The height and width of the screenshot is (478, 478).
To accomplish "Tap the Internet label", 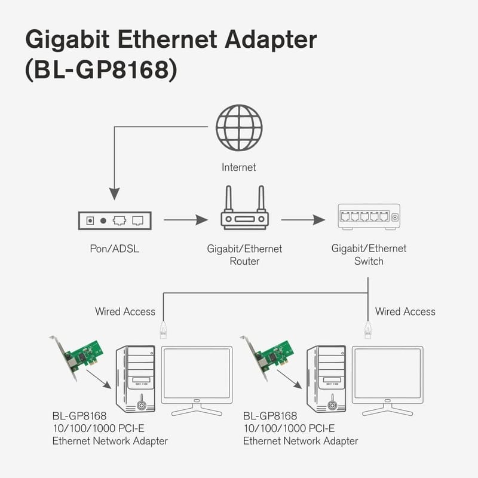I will tap(239, 167).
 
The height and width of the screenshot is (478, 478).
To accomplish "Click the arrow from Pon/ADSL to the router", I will tap(185, 220).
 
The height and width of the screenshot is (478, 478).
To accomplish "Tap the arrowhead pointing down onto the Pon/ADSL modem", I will tap(114, 193).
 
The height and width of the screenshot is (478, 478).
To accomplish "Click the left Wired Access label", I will tap(125, 311).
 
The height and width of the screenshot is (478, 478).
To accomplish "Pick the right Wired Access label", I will tap(405, 311).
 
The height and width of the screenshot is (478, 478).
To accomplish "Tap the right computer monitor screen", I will tap(387, 374).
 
